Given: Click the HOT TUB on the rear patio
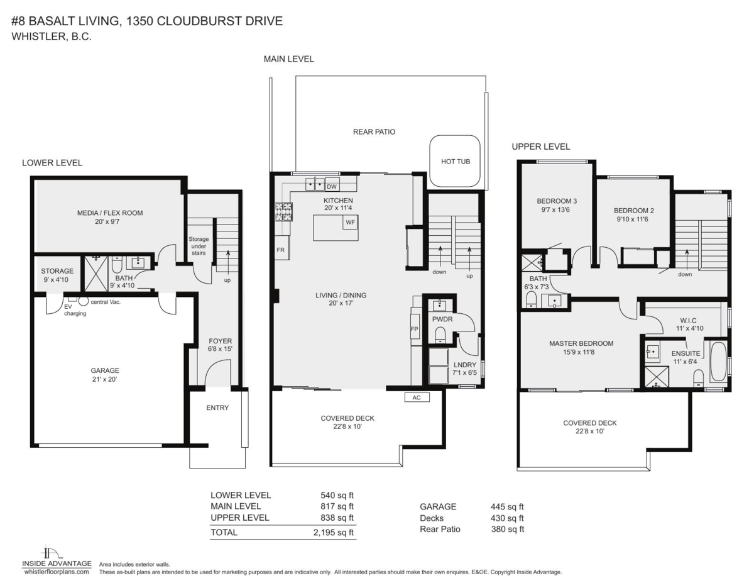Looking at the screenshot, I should pyautogui.click(x=455, y=161).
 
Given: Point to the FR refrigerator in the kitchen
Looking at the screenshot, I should pyautogui.click(x=281, y=250).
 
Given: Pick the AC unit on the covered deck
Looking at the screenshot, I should pyautogui.click(x=416, y=397).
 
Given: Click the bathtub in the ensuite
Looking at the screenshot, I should pyautogui.click(x=717, y=362).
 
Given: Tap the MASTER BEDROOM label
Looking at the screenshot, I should pyautogui.click(x=581, y=343).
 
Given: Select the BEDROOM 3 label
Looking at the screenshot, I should pyautogui.click(x=556, y=201).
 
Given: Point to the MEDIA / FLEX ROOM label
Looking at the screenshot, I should pyautogui.click(x=110, y=213).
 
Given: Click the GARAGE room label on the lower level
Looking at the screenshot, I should pyautogui.click(x=104, y=370).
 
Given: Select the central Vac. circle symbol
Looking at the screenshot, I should pyautogui.click(x=83, y=301).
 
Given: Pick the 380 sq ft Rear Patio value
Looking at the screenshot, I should pyautogui.click(x=507, y=529).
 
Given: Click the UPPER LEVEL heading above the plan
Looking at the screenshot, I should pyautogui.click(x=540, y=147).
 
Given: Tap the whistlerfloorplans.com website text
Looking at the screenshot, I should pyautogui.click(x=56, y=572).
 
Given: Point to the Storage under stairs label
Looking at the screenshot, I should pyautogui.click(x=199, y=247).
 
